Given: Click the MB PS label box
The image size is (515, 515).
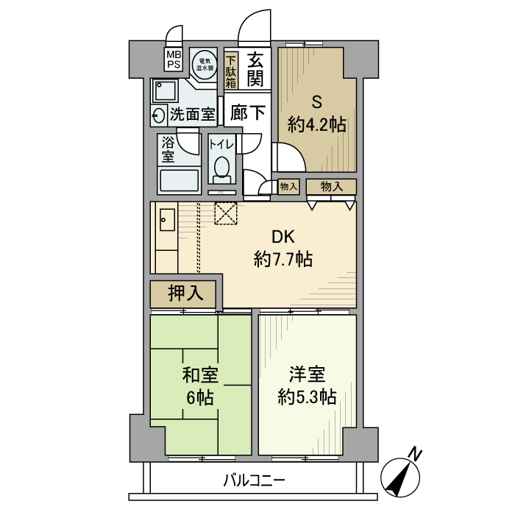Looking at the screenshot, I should click(x=173, y=60).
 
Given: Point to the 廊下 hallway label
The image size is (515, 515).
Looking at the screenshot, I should click(x=248, y=113).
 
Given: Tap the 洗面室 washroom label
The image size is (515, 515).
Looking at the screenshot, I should click(x=192, y=114).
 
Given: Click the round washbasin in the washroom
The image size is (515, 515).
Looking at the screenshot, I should click(x=159, y=114).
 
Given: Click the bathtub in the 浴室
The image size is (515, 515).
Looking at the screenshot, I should click(x=179, y=180).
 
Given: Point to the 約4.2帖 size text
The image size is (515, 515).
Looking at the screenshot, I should click(x=316, y=124).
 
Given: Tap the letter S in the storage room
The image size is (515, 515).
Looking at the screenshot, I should click(x=316, y=102).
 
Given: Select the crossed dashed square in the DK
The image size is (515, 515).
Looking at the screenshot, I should click(x=225, y=214).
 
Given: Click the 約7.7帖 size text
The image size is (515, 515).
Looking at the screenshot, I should click(x=283, y=259).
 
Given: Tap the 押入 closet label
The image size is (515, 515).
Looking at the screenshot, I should click(x=185, y=294).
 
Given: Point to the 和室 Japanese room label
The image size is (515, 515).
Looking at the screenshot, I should click(x=199, y=376).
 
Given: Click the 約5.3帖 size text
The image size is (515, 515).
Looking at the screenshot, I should click(x=307, y=397).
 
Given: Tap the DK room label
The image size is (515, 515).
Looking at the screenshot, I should click(x=283, y=237).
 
